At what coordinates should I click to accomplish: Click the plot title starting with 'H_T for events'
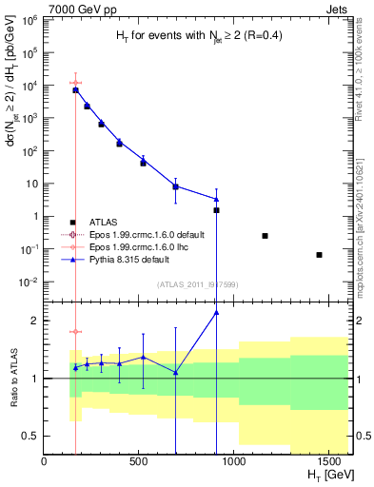coord(199,35)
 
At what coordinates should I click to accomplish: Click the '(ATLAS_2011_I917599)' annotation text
coord(197,283)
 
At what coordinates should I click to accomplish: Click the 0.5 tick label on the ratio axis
coord(30,436)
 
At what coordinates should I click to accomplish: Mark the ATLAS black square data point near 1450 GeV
coord(319,255)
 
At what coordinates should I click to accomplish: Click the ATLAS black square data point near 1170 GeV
coord(265,236)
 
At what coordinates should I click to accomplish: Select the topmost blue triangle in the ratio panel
coord(216,312)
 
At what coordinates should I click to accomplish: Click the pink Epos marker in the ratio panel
coord(75,332)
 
